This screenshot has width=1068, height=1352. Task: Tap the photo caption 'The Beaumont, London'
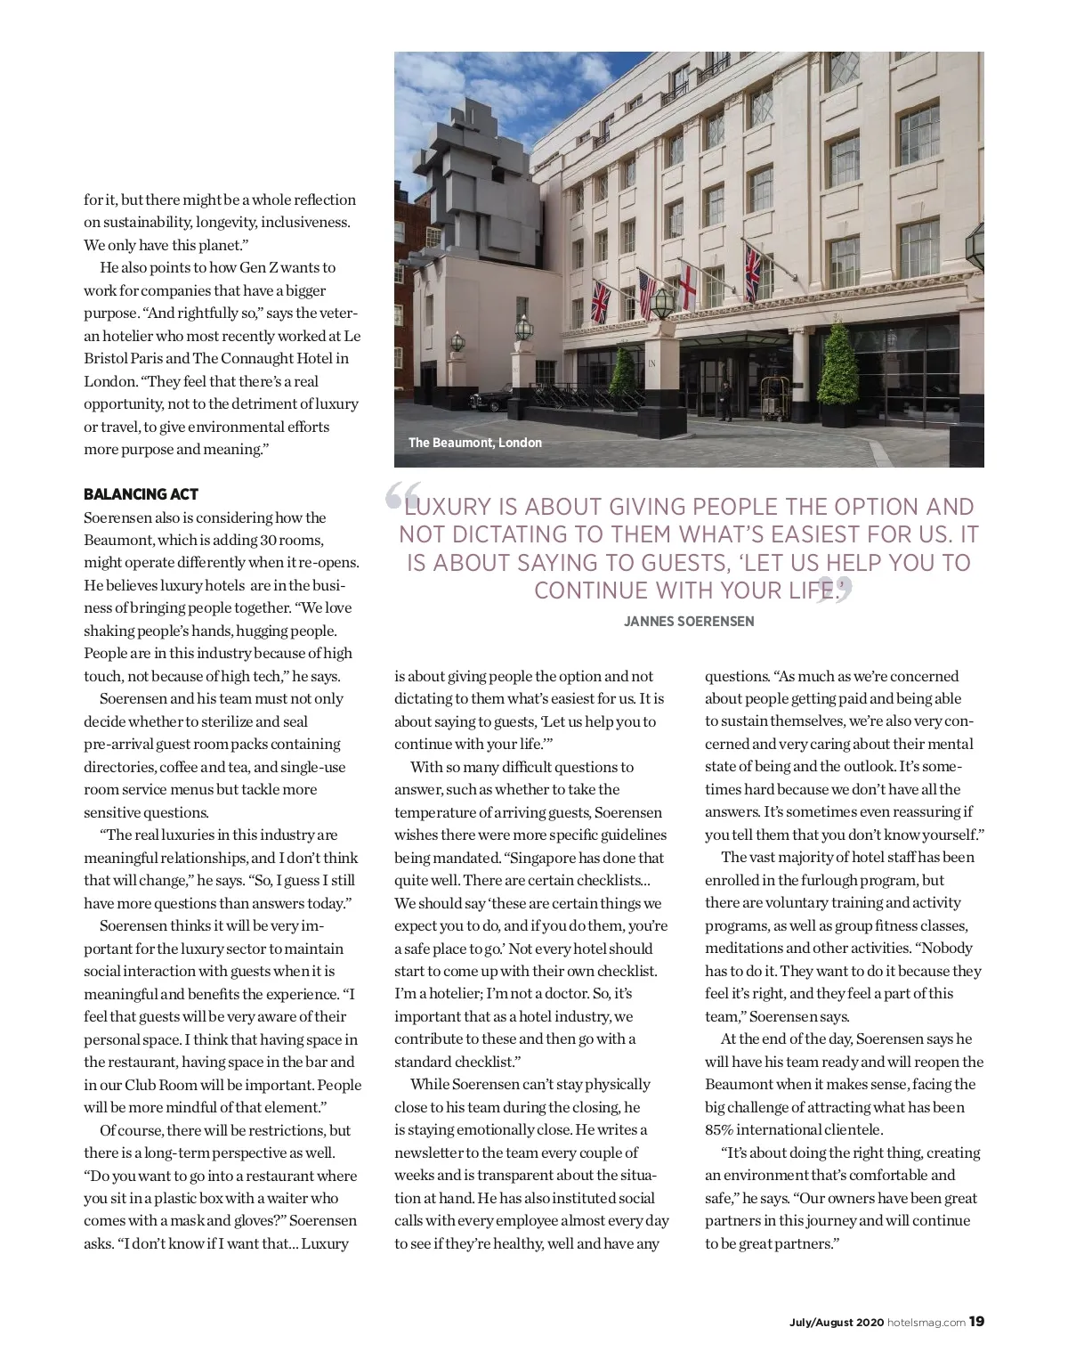tap(474, 443)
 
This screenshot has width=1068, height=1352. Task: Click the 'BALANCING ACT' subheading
tap(141, 494)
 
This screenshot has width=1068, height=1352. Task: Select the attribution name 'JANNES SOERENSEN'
tap(689, 622)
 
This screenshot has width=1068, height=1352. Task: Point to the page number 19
tap(976, 1322)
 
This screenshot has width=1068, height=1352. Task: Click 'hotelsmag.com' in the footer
tap(926, 1323)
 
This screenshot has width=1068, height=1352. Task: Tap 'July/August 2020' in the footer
tap(837, 1323)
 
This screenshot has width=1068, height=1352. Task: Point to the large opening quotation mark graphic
tap(403, 495)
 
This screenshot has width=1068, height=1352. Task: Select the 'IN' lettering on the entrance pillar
tap(651, 363)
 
